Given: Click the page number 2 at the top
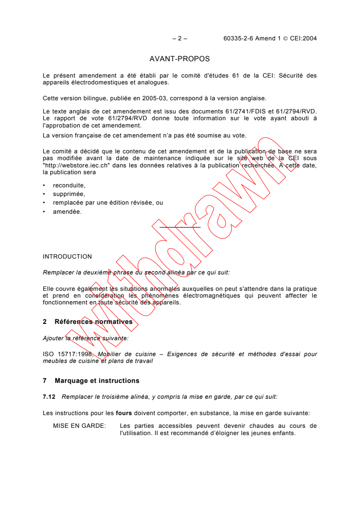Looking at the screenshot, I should pos(180,39).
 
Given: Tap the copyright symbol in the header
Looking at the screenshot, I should pos(286,39).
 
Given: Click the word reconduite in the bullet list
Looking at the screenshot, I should pos(69,185).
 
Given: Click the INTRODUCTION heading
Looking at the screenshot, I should pos(67,256).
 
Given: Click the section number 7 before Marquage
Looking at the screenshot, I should pos(45,381).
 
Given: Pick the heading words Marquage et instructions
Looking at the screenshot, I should pos(97,381).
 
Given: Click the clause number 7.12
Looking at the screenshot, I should pos(49,396).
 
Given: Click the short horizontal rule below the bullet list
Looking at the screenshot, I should pos(180,227).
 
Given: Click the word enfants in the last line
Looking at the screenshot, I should pos(284,433).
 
